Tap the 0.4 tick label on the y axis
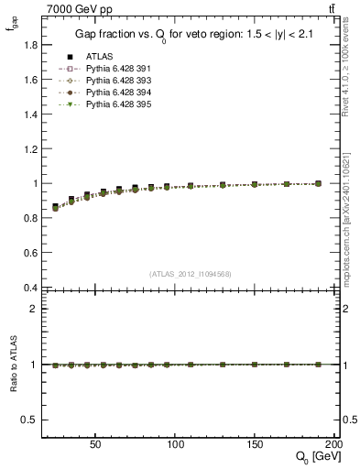point(29,288)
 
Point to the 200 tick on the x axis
point(333,442)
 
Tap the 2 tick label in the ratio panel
point(33,309)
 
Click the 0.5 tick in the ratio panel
point(29,420)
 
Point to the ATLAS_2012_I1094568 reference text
point(191,273)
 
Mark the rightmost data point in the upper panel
point(318,183)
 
